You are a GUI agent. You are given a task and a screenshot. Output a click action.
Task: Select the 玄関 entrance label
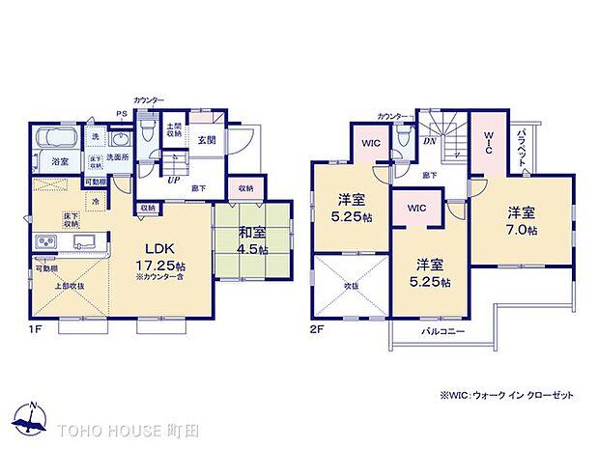(208, 139)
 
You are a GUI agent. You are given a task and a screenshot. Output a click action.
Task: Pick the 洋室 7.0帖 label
(521, 219)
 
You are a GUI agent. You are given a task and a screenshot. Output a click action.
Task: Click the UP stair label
(173, 180)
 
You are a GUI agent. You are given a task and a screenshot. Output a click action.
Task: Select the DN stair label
(431, 140)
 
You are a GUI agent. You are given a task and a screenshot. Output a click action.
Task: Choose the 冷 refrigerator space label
(96, 201)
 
